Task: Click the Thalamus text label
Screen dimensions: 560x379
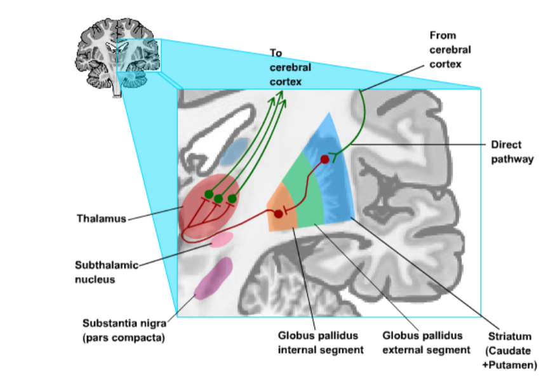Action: click(x=102, y=218)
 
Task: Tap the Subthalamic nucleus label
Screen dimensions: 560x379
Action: click(x=107, y=272)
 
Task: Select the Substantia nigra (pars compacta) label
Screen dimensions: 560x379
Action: click(x=124, y=330)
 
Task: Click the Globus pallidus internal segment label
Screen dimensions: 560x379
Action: click(x=321, y=343)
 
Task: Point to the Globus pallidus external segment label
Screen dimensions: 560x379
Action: click(x=426, y=343)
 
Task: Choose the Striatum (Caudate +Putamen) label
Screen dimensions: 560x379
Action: click(x=510, y=350)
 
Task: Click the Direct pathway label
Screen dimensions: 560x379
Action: click(x=512, y=152)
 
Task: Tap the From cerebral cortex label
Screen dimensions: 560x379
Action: click(x=450, y=50)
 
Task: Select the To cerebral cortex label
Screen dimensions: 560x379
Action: click(x=290, y=67)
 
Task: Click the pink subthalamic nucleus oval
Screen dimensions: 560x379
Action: click(x=222, y=240)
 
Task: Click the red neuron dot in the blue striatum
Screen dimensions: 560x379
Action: click(x=324, y=159)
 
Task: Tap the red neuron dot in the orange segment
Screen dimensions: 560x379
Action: click(x=278, y=214)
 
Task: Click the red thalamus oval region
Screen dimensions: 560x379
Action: click(x=210, y=208)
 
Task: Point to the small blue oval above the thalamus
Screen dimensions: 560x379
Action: click(x=234, y=152)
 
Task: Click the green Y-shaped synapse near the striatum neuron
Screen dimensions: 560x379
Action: click(x=335, y=156)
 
